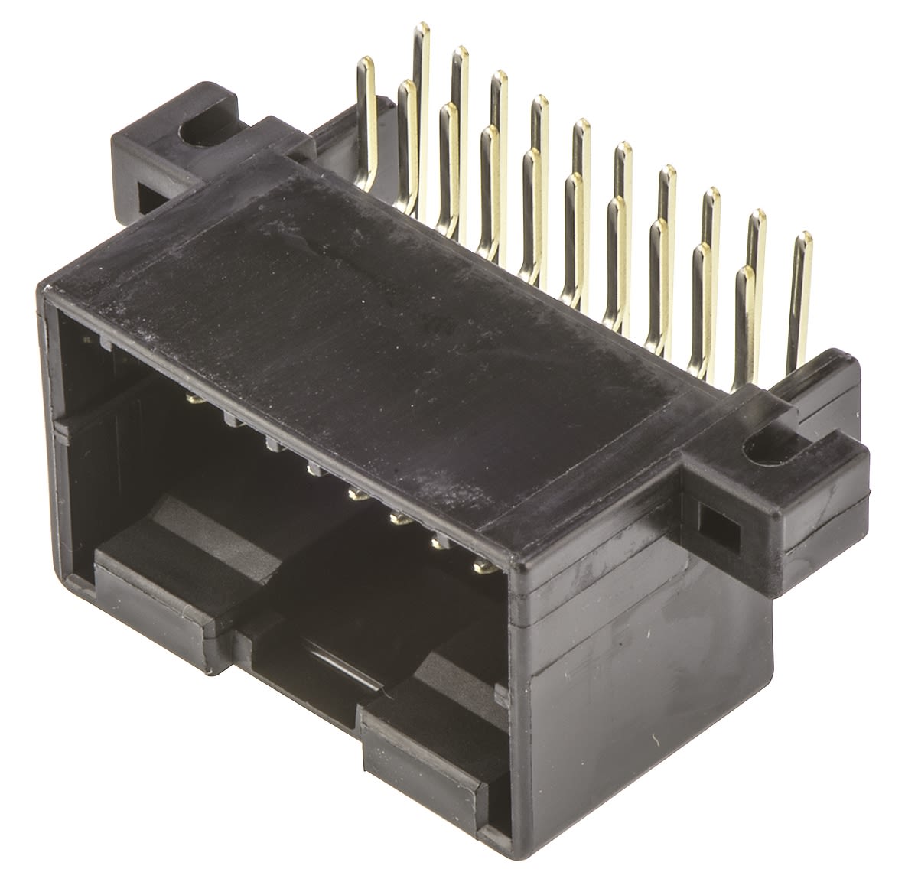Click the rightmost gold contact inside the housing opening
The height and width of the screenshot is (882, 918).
click(482, 566)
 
